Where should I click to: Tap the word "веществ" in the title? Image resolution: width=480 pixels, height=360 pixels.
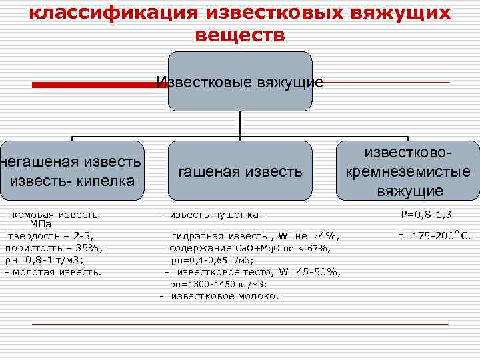240,35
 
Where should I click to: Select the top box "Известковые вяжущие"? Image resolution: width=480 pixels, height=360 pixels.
240,82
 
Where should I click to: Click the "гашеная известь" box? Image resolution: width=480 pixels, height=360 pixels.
240,171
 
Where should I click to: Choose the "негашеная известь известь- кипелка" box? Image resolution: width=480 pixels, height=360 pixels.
71,171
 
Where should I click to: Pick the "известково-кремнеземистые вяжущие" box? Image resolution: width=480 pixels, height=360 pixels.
409,171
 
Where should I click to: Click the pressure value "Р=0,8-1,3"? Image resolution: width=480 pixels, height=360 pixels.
426,215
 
